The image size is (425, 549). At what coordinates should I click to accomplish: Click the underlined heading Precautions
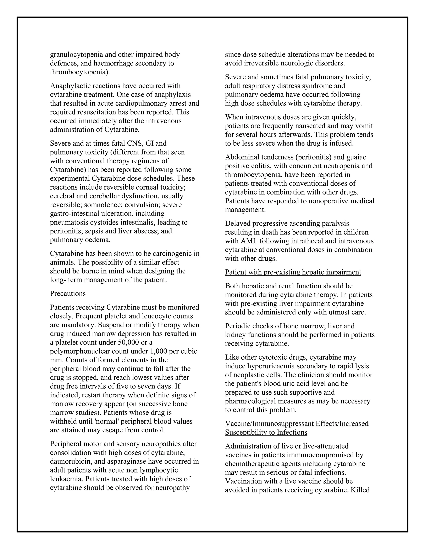pyautogui.click(x=68, y=294)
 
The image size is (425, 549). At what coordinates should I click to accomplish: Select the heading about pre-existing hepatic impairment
pyautogui.click(x=293, y=272)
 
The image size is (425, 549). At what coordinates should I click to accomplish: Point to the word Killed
pyautogui.click(x=360, y=490)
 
